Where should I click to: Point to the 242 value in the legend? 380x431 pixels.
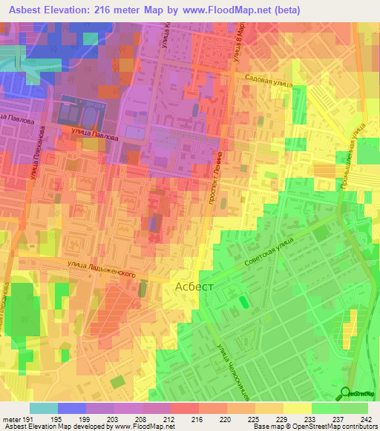(x=367, y=420)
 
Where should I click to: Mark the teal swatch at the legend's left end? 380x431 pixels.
(x=43, y=408)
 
